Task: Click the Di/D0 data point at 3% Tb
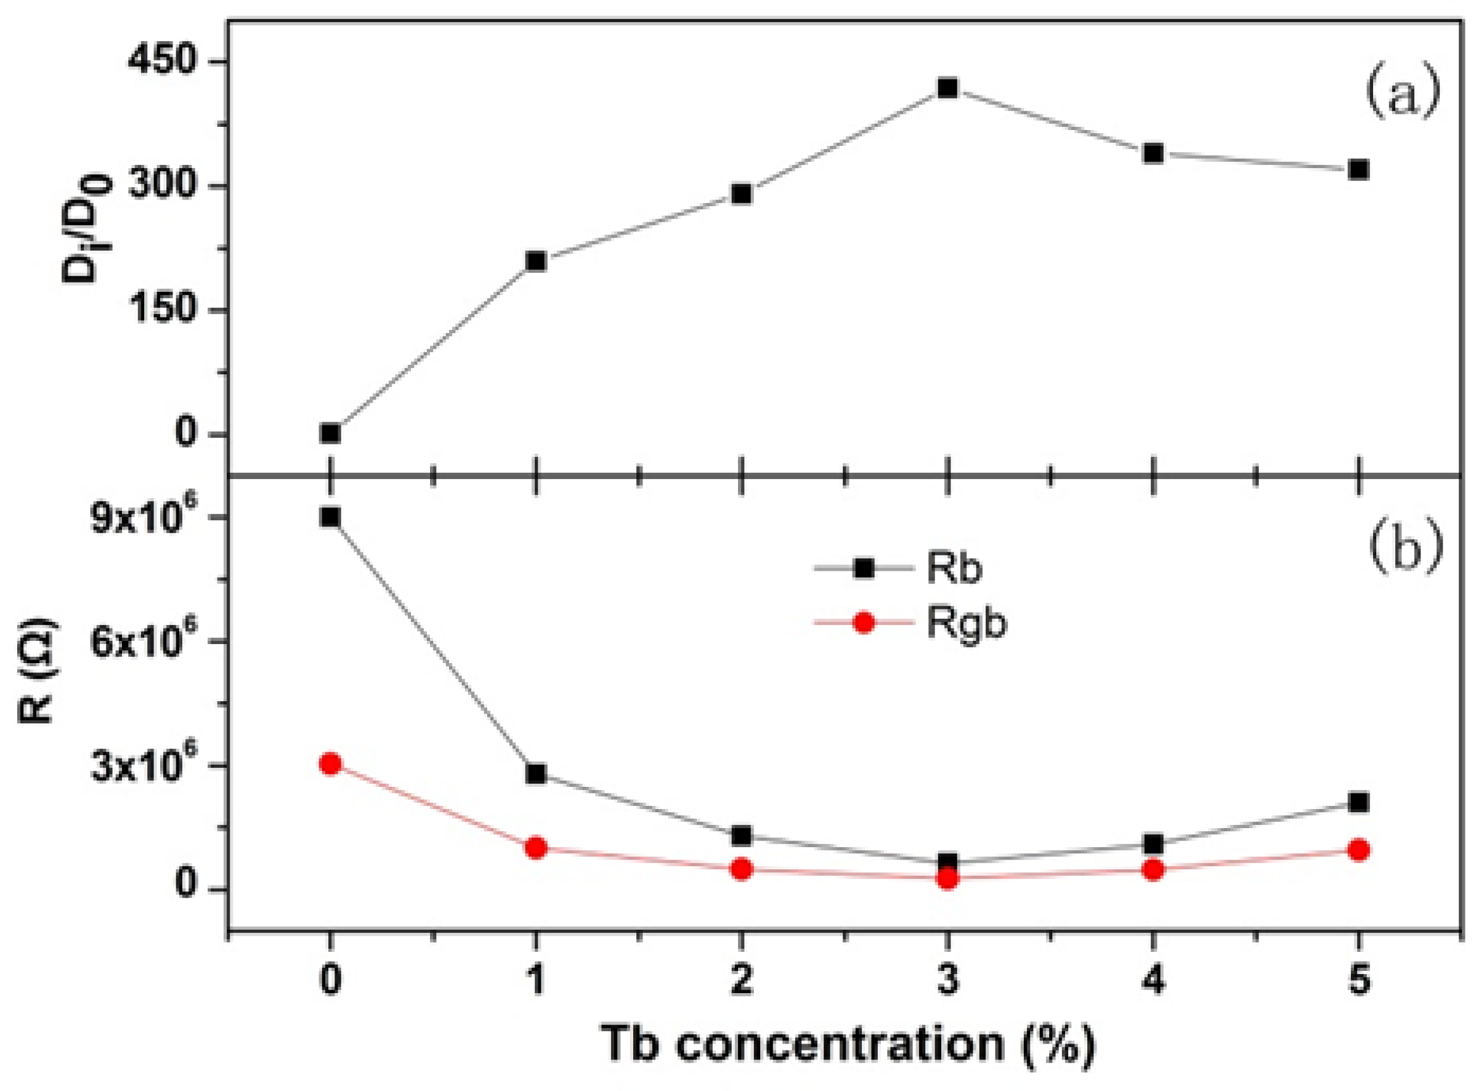(947, 88)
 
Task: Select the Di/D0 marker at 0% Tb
(330, 433)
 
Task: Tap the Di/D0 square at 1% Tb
(536, 262)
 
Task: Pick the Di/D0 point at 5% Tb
(1358, 169)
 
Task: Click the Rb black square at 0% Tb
(330, 517)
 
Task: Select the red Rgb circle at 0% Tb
(330, 764)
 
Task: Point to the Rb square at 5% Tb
(1358, 802)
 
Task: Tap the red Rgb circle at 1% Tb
(536, 847)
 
